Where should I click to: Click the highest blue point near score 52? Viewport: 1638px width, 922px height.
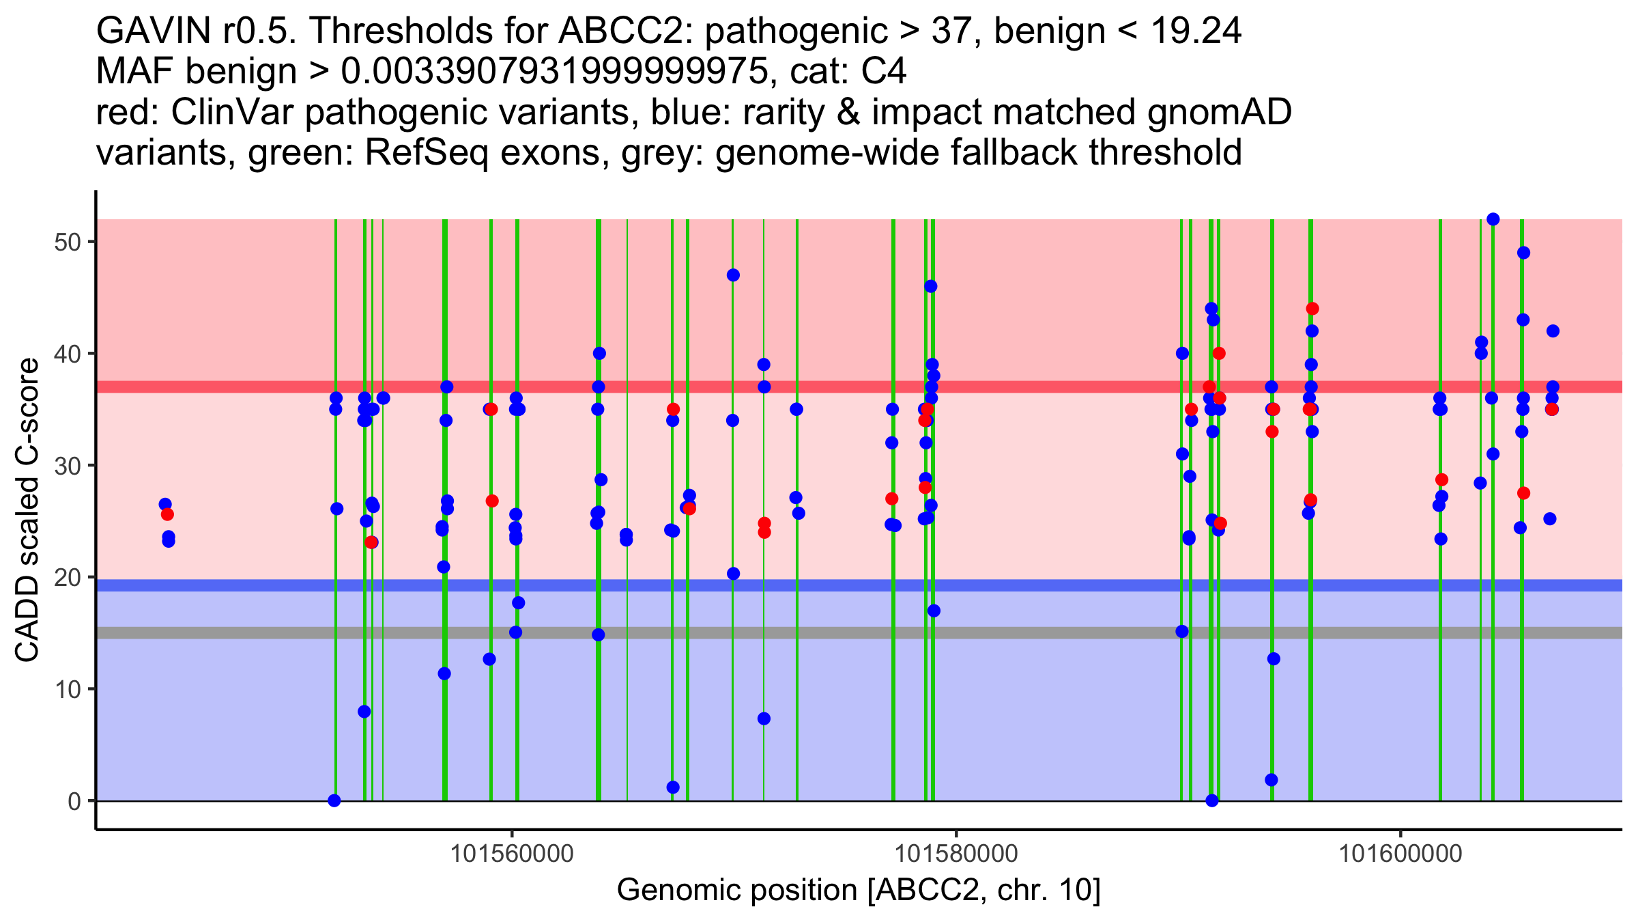[1493, 219]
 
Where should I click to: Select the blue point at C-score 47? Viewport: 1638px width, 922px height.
[733, 275]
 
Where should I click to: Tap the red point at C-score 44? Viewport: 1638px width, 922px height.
[1312, 309]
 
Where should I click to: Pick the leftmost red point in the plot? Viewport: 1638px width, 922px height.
[167, 514]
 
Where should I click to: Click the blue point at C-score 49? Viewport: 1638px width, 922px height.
[1523, 253]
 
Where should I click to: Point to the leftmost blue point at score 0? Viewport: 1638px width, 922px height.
[334, 800]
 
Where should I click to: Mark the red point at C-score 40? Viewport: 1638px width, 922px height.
[1219, 353]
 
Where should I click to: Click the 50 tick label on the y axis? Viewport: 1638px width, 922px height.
[67, 242]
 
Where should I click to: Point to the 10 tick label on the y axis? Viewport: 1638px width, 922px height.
[67, 689]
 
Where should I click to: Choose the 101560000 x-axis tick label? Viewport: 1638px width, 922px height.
[512, 854]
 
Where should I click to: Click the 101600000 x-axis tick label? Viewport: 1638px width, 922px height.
[1400, 854]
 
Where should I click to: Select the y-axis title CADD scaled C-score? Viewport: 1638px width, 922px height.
[27, 511]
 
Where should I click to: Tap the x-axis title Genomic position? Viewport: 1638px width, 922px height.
[859, 891]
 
